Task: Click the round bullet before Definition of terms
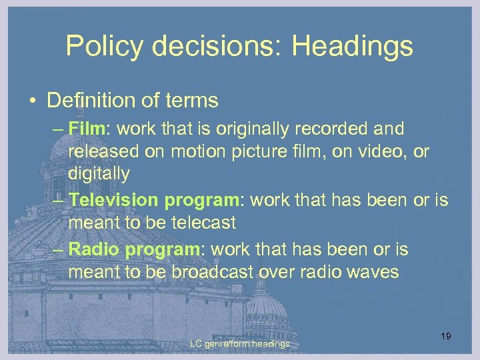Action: (x=31, y=101)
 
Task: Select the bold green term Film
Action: (x=83, y=127)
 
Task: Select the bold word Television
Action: (x=113, y=199)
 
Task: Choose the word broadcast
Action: (x=214, y=273)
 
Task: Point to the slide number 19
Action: (x=446, y=336)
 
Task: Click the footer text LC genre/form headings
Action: (x=240, y=343)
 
